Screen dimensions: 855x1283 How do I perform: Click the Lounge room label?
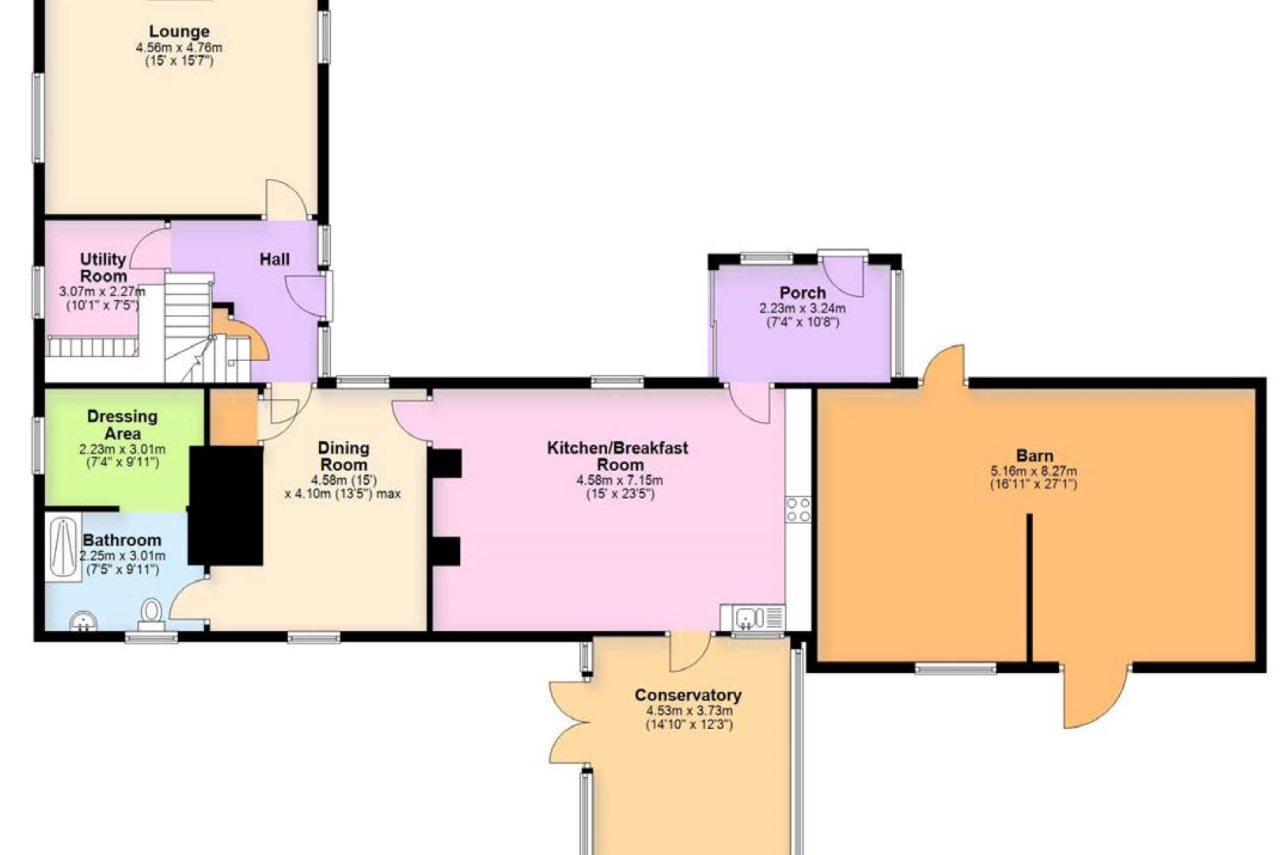[179, 32]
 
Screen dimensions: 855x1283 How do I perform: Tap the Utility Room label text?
[103, 268]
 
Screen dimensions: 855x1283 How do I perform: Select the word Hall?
[275, 259]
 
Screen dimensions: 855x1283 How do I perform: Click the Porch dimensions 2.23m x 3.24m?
[802, 309]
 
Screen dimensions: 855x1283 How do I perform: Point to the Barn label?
[1034, 455]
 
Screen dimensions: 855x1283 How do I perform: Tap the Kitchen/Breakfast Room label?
[618, 456]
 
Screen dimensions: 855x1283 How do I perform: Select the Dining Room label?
[343, 456]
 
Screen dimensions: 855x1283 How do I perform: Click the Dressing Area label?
[122, 424]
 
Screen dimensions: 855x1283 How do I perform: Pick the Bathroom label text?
[122, 540]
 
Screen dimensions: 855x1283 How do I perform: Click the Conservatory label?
[688, 695]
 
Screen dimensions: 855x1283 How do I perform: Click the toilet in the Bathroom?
[151, 612]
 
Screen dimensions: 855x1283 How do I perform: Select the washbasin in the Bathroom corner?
[83, 621]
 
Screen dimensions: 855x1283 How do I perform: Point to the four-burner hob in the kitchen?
[798, 509]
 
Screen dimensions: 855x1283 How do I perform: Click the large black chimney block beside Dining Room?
[226, 505]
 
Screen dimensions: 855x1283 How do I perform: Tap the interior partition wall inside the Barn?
[1030, 586]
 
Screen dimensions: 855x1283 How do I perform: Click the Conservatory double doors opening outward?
[568, 722]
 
